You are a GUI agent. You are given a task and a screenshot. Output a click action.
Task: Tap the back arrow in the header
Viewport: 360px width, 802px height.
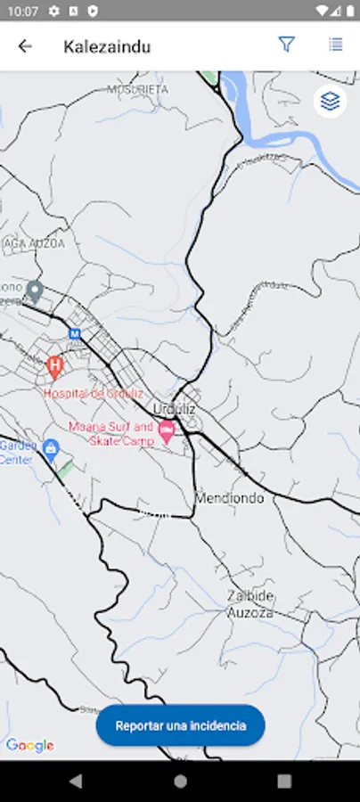25,46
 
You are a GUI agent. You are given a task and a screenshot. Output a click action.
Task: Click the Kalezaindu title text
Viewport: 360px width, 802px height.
107,46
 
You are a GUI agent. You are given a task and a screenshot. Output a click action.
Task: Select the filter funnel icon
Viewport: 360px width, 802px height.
286,45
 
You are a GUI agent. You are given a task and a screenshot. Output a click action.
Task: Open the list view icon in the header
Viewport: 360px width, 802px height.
336,45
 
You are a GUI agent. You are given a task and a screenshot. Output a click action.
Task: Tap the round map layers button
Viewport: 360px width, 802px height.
331,102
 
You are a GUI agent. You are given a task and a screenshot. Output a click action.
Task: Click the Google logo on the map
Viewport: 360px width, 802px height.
29,746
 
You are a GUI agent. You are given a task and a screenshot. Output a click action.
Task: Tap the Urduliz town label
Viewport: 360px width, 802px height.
174,408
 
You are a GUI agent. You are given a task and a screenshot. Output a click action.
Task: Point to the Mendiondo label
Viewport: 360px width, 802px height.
229,498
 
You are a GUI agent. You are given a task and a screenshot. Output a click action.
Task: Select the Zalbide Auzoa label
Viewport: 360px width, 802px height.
250,604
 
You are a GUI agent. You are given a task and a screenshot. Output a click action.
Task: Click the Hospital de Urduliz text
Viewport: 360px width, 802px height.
94,393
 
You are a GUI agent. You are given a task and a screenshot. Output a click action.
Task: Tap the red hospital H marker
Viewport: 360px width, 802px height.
54,364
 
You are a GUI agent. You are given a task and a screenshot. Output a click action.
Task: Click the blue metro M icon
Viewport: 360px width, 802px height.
75,334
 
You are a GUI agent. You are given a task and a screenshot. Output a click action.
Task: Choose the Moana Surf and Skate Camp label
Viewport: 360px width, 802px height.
111,434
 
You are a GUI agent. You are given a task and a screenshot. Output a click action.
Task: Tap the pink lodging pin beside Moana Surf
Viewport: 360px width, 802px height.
167,430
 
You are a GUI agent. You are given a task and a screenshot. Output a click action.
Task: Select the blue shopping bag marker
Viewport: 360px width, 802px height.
51,447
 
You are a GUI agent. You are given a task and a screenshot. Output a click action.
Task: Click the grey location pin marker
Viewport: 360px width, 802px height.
35,291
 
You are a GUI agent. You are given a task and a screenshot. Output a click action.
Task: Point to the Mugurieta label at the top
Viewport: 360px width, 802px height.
138,89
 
